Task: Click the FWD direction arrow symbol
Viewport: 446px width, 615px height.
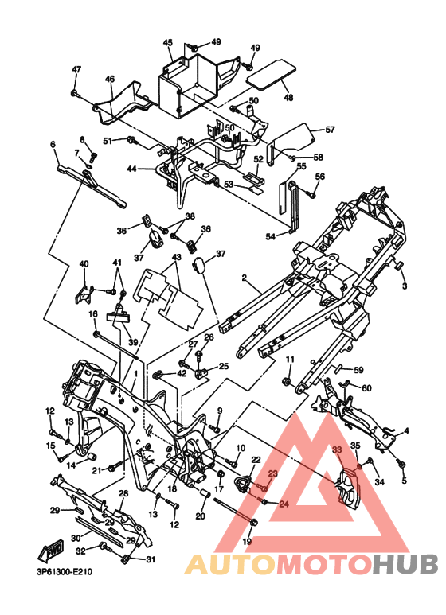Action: [49, 552]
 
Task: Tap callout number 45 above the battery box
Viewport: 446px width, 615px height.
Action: [167, 43]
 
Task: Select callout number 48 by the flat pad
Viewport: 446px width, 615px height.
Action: [288, 97]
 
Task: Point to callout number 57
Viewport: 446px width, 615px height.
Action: [330, 130]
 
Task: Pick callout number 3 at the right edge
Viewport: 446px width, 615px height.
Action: [405, 286]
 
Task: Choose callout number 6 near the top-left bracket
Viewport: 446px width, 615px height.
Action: [53, 144]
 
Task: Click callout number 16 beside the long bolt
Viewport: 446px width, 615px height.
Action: [92, 314]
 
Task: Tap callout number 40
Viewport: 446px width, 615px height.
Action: [84, 263]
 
